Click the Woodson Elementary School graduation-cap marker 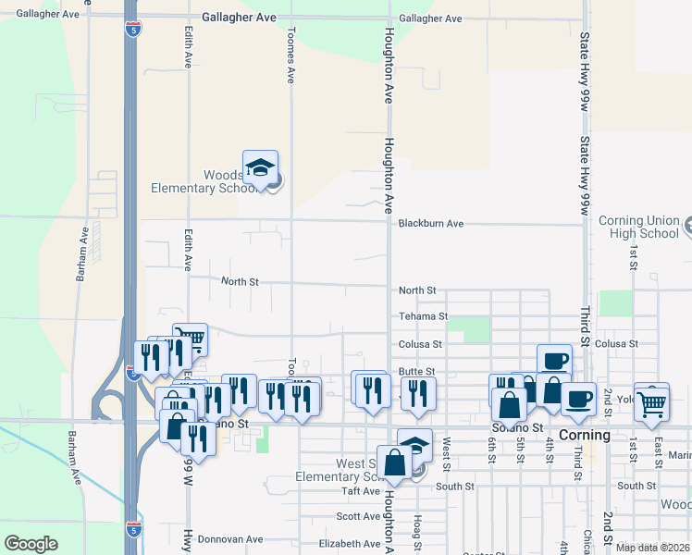click(260, 168)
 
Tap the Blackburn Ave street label click(430, 224)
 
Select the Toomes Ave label click(290, 63)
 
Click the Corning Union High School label click(639, 227)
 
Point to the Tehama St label click(423, 316)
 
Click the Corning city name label click(585, 435)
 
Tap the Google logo click(31, 544)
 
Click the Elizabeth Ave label click(349, 544)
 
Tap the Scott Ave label click(358, 517)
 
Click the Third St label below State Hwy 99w click(585, 328)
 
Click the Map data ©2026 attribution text click(653, 548)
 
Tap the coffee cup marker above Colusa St click(554, 361)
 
